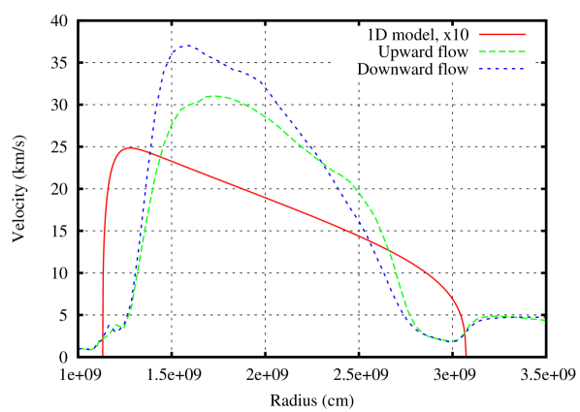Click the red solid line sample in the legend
coord(501,35)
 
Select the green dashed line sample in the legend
coord(501,52)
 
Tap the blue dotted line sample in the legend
coord(501,70)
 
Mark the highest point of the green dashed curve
coord(215,96)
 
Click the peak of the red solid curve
coord(130,147)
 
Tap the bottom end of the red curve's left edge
coord(103,355)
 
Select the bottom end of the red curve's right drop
coord(466,355)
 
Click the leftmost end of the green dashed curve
coord(81,348)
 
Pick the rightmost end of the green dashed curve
coord(543,320)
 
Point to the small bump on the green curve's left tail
coord(116,324)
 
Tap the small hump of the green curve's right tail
coord(499,315)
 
